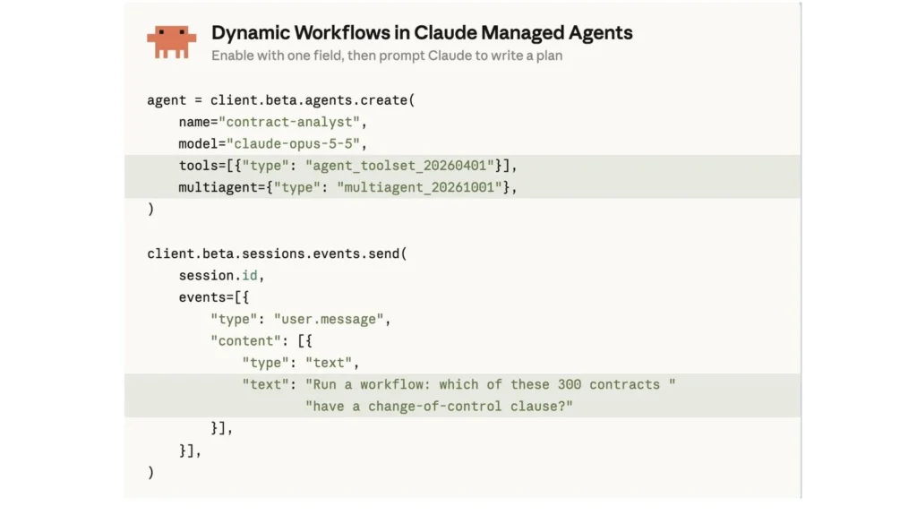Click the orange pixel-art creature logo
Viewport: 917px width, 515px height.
coord(171,41)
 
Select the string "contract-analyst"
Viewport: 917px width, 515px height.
coord(289,122)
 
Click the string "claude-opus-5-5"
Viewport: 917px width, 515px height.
coord(293,143)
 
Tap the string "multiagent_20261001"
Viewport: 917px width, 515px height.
coord(419,187)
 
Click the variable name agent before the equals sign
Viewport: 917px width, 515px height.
coord(166,100)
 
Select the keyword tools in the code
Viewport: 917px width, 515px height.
coord(198,166)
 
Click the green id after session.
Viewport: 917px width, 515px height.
coord(249,275)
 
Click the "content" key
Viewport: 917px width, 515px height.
coord(245,340)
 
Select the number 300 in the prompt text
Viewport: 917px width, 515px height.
coord(569,384)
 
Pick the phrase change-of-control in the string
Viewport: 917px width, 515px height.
coord(434,406)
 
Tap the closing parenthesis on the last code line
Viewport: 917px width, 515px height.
coord(150,472)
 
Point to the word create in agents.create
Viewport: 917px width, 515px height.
coord(383,100)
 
